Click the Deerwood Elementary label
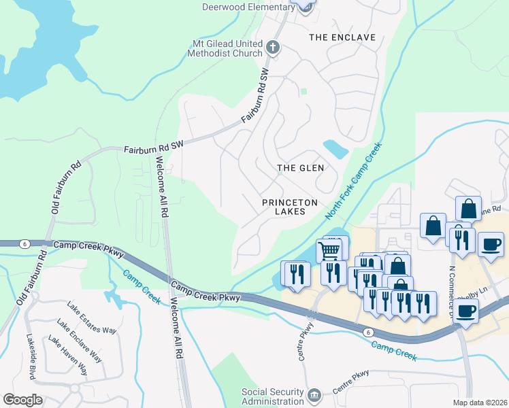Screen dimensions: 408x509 (248, 7)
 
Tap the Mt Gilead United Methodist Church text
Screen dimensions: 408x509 (227, 48)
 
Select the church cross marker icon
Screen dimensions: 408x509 (273, 48)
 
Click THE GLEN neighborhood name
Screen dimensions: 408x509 (300, 167)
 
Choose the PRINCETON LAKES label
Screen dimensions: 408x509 (291, 207)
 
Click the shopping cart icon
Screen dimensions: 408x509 (329, 251)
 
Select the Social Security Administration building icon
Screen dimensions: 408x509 (314, 395)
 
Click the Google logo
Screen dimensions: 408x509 (22, 400)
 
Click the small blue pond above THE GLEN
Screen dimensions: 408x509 (335, 149)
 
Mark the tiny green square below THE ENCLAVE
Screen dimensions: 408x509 (303, 91)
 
